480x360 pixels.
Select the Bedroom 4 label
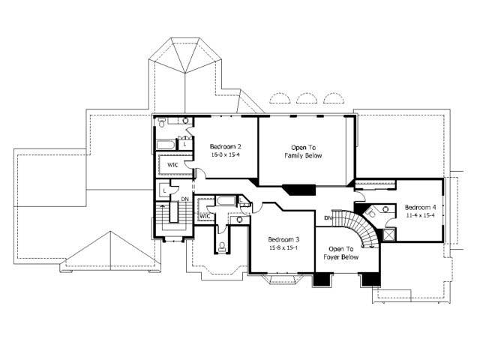click(421, 207)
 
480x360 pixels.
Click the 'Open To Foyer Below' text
click(341, 253)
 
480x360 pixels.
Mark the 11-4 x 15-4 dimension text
click(421, 215)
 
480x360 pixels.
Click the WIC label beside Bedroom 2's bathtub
click(172, 164)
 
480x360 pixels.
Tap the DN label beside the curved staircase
click(328, 217)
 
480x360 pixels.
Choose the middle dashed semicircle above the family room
click(305, 99)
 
